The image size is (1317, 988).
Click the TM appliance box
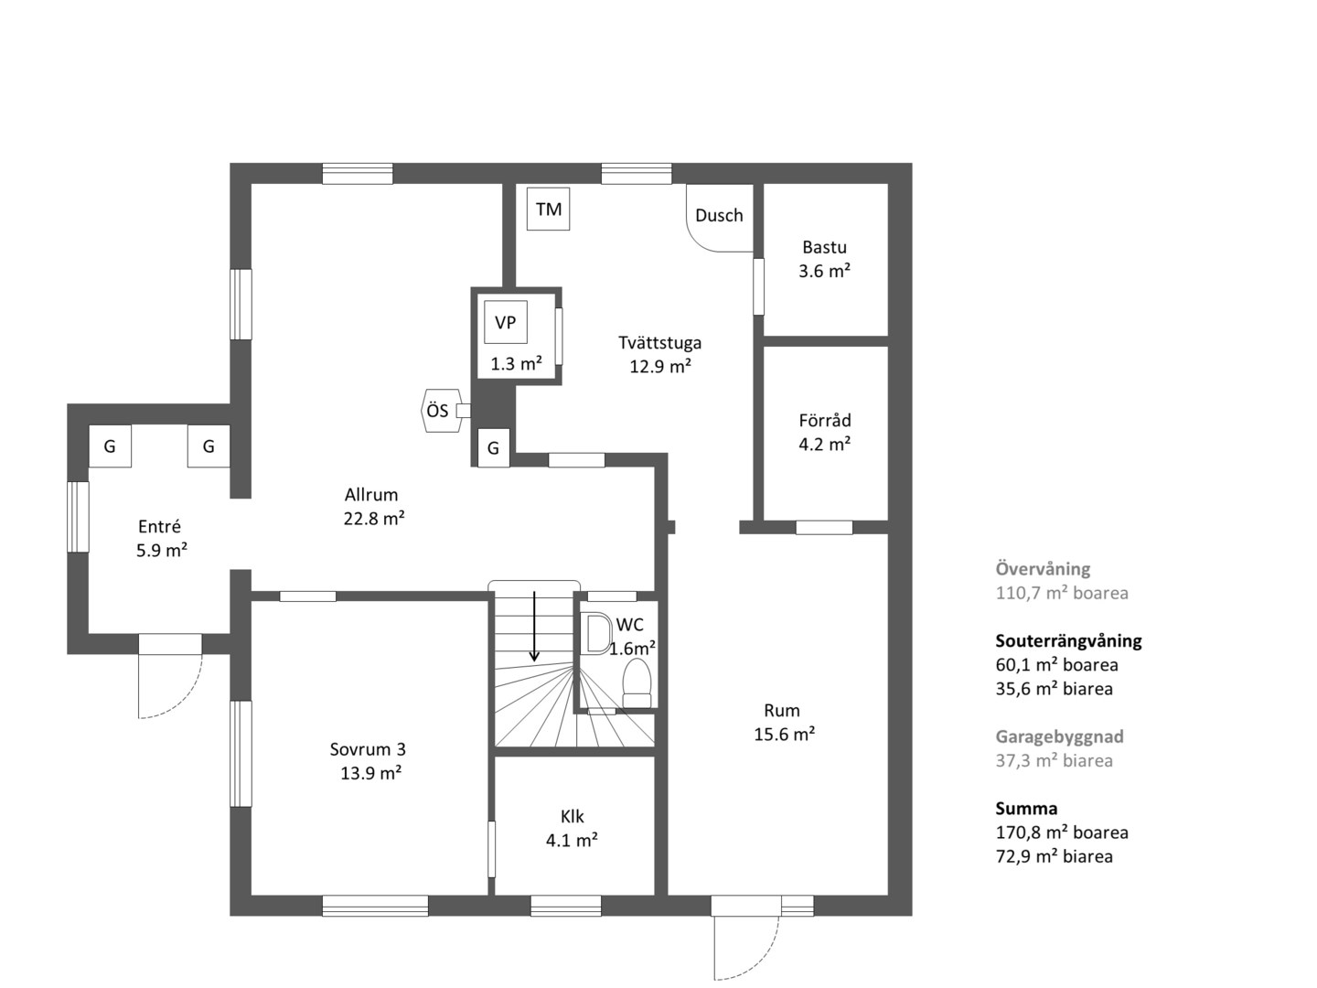click(x=548, y=209)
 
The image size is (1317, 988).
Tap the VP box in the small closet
click(x=505, y=322)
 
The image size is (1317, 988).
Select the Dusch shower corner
click(x=720, y=218)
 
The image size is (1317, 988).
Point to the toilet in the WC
click(x=637, y=683)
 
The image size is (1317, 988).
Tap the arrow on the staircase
click(x=534, y=627)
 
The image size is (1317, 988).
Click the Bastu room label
click(x=824, y=247)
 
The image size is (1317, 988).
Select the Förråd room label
click(x=824, y=420)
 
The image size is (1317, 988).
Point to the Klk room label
click(x=572, y=816)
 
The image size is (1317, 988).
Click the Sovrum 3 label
click(x=368, y=749)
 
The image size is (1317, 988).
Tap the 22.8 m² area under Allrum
click(x=374, y=519)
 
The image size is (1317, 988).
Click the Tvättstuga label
click(x=660, y=342)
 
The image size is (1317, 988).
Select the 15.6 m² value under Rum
click(x=784, y=735)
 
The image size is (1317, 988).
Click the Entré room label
click(x=159, y=527)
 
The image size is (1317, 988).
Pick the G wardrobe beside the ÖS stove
click(x=493, y=447)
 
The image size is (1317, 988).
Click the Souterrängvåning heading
click(x=1068, y=641)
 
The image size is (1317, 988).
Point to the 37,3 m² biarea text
click(x=1055, y=760)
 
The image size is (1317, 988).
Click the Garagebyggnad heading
click(x=1059, y=736)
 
